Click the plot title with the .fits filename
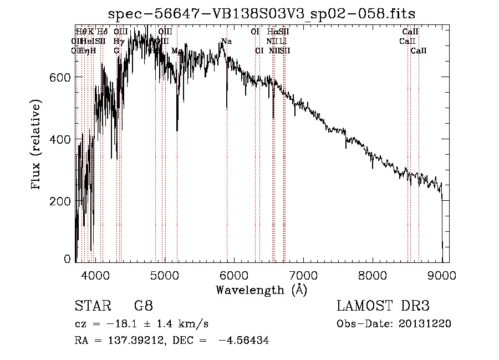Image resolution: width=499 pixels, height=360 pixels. [x=261, y=13]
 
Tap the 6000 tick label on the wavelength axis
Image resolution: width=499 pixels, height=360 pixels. [x=233, y=275]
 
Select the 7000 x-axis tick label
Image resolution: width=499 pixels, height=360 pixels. [x=303, y=275]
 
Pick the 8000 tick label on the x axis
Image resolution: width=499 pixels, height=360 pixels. [x=372, y=275]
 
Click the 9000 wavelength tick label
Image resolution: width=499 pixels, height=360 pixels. [x=441, y=275]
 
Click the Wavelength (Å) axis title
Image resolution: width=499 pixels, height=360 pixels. [x=261, y=290]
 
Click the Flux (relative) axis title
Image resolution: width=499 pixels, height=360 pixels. [x=37, y=145]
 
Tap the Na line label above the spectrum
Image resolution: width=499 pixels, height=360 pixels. [x=226, y=41]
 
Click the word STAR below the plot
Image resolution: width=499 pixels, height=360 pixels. [x=89, y=307]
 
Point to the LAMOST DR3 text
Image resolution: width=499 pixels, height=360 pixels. [x=383, y=307]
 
